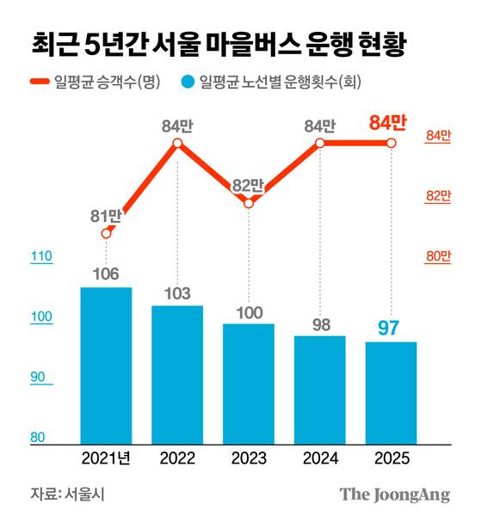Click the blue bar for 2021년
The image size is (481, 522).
(106, 365)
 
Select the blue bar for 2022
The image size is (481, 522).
(177, 374)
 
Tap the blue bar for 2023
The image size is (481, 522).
(249, 384)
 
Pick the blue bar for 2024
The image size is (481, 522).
(320, 390)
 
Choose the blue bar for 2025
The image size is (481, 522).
(392, 393)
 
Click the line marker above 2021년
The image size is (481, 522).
(106, 233)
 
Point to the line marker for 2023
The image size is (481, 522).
(249, 203)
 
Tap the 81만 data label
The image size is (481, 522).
(106, 215)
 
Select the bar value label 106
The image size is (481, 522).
(106, 274)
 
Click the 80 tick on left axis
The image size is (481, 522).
(39, 438)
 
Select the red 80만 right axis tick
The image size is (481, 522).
(438, 256)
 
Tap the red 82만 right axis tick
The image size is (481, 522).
(438, 196)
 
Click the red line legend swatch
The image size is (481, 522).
(40, 83)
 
